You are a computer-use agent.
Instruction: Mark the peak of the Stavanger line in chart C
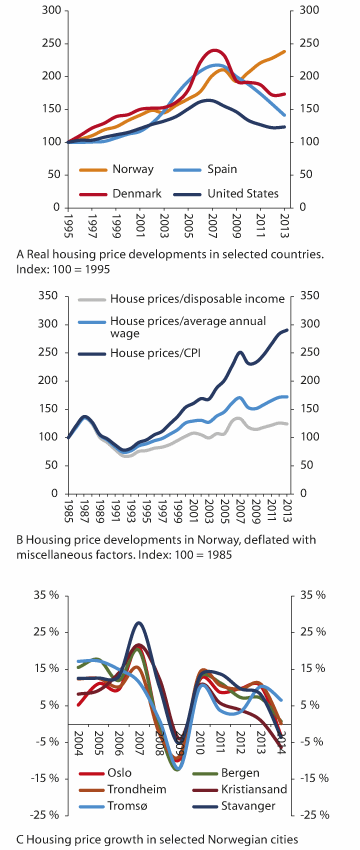pyautogui.click(x=138, y=623)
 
